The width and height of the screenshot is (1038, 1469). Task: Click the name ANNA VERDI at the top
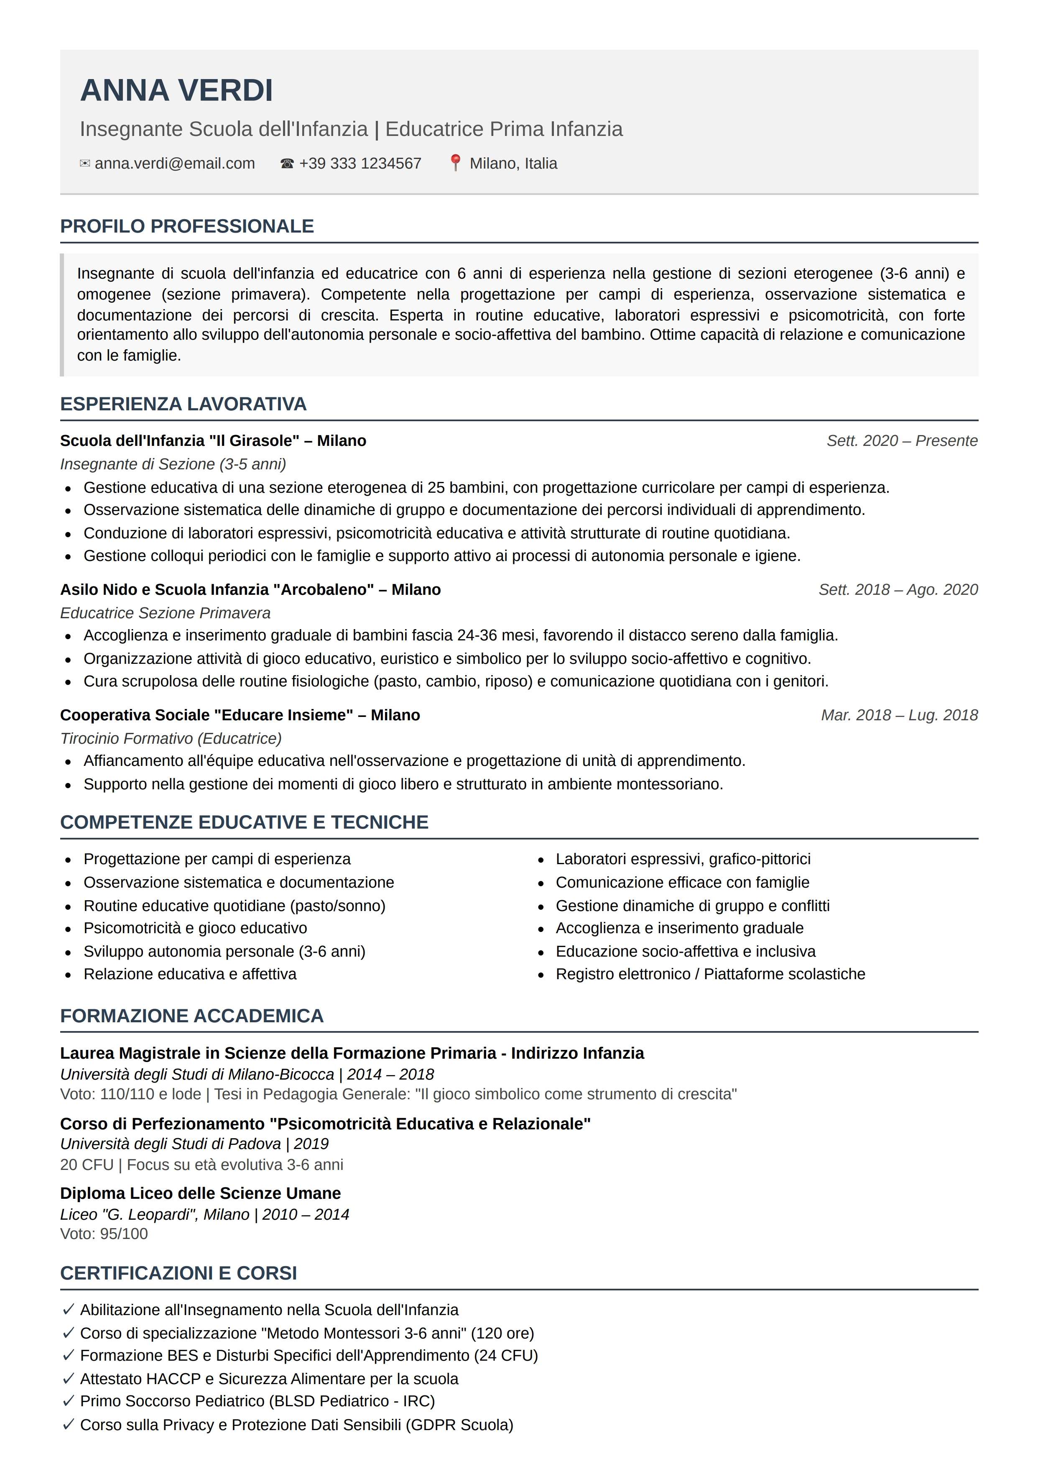coord(176,90)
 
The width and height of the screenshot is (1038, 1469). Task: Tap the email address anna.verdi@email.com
coord(175,164)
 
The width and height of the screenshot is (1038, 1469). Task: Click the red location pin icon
coord(455,163)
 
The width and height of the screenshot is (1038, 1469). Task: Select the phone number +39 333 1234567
coord(360,164)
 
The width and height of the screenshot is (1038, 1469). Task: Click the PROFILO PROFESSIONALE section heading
coord(187,226)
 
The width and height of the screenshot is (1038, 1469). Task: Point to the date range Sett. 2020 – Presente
coord(901,441)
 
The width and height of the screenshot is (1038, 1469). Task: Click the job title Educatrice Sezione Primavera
coord(165,613)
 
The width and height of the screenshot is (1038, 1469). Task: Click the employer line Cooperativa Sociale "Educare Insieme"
coord(240,715)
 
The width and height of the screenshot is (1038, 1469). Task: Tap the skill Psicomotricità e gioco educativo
coord(195,928)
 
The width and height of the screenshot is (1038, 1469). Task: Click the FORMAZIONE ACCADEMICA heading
coord(192,1016)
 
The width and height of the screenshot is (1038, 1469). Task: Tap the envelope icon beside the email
coord(84,164)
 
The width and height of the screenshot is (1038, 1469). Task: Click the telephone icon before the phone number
coord(286,164)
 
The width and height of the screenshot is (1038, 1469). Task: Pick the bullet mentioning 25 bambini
coord(486,488)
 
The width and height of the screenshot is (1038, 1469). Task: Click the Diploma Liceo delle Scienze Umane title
coord(200,1193)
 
